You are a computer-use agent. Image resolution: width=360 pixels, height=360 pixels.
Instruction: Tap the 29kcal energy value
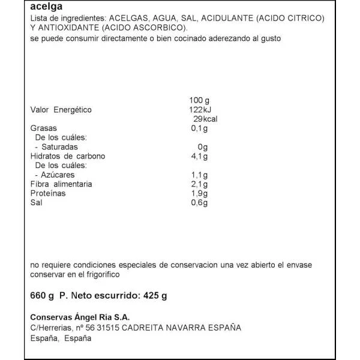[x=202, y=119]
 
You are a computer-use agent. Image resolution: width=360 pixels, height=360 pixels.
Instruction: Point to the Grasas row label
[x=43, y=128]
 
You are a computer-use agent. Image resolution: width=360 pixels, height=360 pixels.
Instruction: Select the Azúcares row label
[x=58, y=175]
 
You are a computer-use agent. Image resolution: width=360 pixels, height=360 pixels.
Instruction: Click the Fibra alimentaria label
[x=61, y=184]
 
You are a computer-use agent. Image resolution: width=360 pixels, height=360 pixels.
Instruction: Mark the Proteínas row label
[x=48, y=193]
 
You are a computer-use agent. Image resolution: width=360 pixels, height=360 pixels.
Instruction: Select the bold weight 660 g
[x=42, y=295]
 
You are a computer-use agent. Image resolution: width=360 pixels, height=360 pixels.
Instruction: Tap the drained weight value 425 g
[x=155, y=295]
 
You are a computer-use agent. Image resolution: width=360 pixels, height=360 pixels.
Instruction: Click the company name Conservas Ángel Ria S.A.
[x=80, y=317]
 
